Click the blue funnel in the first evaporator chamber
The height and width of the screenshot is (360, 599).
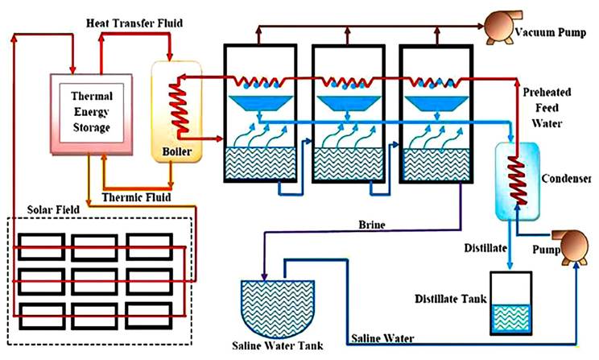(258, 103)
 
